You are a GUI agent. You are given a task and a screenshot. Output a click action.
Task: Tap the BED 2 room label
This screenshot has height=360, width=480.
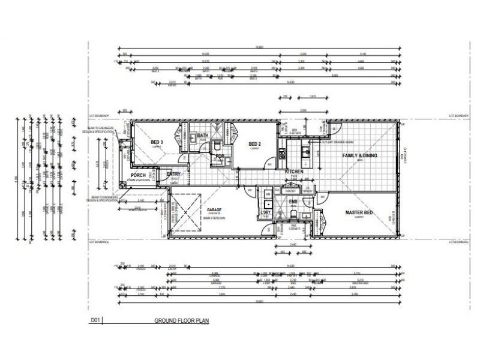254,144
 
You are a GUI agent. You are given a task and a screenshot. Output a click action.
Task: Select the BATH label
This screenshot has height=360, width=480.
202,136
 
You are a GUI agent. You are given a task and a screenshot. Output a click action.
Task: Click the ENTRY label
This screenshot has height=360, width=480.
174,174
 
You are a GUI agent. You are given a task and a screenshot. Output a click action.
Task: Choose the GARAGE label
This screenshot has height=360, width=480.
215,210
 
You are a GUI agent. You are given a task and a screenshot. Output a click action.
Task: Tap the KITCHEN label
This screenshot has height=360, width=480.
295,172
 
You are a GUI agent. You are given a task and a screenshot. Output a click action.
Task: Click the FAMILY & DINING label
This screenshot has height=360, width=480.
360,156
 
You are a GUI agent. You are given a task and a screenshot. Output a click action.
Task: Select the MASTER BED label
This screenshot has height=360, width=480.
360,212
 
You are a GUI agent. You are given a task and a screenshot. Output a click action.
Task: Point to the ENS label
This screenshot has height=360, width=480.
293,202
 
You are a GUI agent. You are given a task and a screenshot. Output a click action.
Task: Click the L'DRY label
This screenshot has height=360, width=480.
265,214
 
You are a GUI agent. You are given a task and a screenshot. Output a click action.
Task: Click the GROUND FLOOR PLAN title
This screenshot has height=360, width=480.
182,321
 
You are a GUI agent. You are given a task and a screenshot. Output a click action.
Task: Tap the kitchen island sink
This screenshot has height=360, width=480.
305,151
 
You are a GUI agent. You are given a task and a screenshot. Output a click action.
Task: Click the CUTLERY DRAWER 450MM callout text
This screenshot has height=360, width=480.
335,142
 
